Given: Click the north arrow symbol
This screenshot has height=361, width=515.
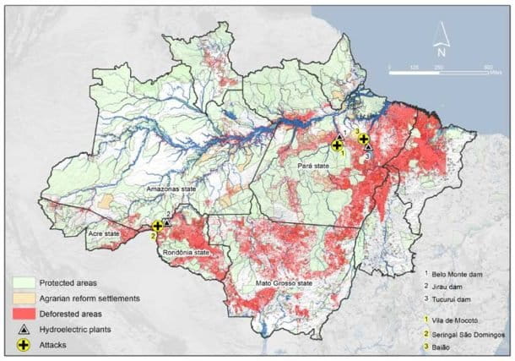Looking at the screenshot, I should click(x=439, y=36).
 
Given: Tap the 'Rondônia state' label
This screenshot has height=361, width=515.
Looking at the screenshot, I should click(x=186, y=251).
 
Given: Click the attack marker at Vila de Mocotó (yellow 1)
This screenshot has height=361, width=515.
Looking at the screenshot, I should click(x=337, y=146).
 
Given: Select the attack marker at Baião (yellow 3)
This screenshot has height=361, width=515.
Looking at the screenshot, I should click(x=363, y=139).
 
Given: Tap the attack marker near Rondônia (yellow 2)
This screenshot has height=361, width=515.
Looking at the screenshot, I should click(x=157, y=226).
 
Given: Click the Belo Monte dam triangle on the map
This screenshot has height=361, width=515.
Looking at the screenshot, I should click(x=339, y=137).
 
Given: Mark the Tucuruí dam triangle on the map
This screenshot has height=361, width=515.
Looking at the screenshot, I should click(x=368, y=147).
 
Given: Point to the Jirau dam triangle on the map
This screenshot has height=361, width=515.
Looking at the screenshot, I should click(x=166, y=222).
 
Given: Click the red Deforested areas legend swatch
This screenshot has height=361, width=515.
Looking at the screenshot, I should click(x=24, y=312).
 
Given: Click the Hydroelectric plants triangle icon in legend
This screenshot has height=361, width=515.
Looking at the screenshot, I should click(x=24, y=328).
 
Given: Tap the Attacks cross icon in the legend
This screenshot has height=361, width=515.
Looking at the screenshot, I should click(x=24, y=345).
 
